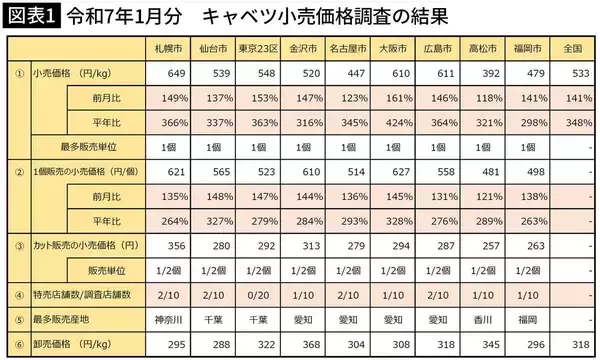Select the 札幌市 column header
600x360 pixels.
click(167, 48)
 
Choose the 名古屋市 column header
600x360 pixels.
click(346, 48)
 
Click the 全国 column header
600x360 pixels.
click(573, 48)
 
